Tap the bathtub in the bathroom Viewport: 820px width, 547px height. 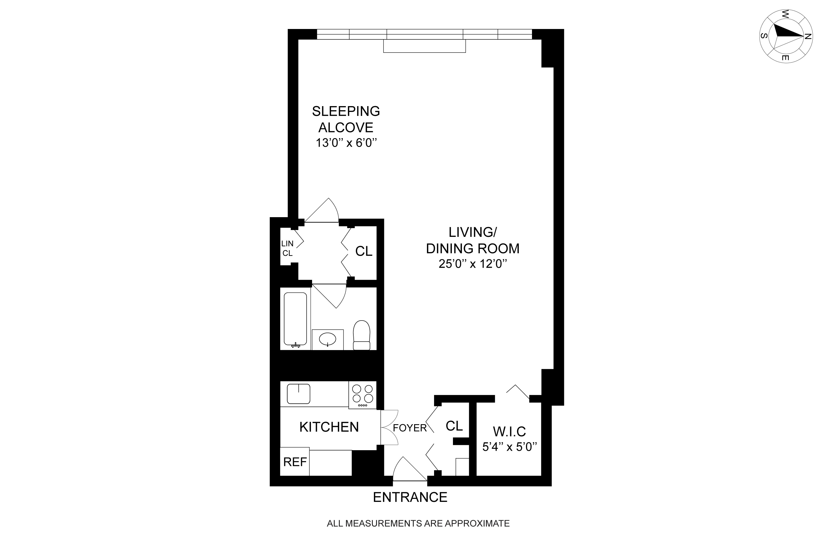[x=295, y=319]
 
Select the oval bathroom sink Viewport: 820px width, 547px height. [x=327, y=339]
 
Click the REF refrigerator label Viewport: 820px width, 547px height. [x=295, y=462]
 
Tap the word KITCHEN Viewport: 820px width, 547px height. [x=329, y=427]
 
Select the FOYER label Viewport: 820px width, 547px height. [x=409, y=428]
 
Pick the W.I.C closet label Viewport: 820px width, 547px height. [x=509, y=432]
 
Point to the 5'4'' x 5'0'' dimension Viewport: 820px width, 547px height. [x=509, y=447]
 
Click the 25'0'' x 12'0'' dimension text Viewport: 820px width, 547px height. [x=472, y=264]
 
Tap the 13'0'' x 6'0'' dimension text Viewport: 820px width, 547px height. [x=346, y=143]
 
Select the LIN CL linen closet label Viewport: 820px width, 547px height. [x=287, y=248]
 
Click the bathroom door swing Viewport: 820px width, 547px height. [x=333, y=296]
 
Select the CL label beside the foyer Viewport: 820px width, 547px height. [x=454, y=426]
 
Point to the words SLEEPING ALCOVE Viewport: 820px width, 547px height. [x=346, y=119]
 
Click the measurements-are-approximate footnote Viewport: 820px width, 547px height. [x=418, y=523]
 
